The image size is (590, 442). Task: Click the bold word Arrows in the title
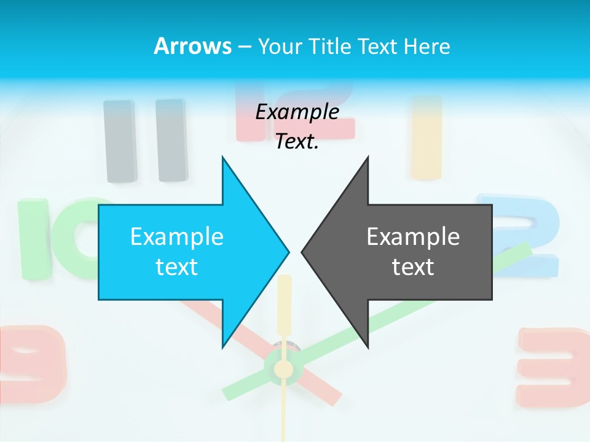click(x=192, y=46)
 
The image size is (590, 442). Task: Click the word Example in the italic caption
click(x=297, y=112)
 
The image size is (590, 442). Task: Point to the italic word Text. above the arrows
click(x=297, y=142)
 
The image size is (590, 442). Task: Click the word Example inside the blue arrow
click(x=177, y=236)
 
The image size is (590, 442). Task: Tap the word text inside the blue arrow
click(x=177, y=267)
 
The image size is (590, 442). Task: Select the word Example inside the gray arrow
click(x=413, y=236)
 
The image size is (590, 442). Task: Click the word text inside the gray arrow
click(x=413, y=267)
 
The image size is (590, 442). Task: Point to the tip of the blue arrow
click(x=288, y=251)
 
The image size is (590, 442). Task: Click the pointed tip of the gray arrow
click(x=303, y=251)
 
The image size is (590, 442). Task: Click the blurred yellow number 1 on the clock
click(x=427, y=138)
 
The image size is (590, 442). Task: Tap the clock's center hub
click(x=283, y=369)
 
